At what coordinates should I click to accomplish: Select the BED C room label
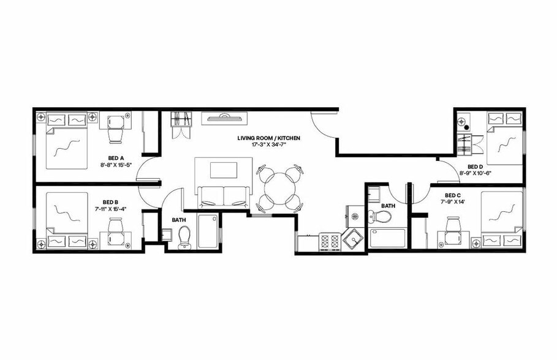pos(453,196)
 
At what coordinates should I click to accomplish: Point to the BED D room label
pos(476,167)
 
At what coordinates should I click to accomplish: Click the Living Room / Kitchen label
pos(269,139)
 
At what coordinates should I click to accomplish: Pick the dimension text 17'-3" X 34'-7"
pos(269,146)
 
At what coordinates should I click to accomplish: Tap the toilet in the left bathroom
pos(184,238)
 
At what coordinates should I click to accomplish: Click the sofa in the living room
pos(223,195)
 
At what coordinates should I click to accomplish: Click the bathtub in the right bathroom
pos(387,238)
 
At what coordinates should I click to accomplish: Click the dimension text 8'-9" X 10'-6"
pos(476,173)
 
